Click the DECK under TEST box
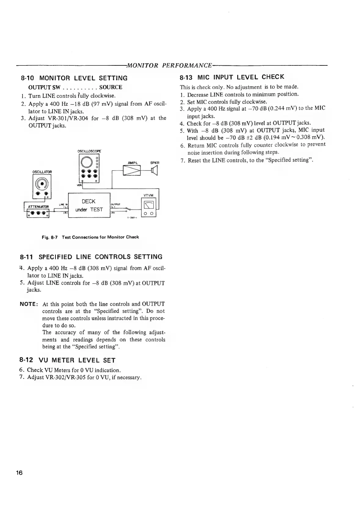89,205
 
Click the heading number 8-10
27,78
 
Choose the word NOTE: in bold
29,304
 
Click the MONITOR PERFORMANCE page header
169,65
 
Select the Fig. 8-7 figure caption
90,237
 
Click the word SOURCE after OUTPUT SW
111,87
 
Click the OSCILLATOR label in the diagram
42,172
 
